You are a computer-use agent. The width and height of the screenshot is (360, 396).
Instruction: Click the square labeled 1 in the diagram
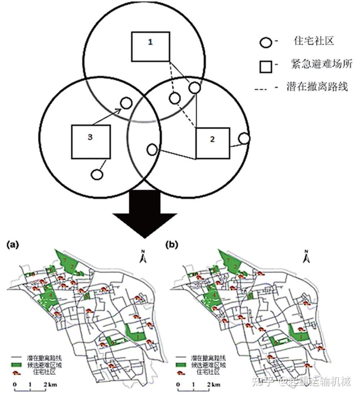(150, 46)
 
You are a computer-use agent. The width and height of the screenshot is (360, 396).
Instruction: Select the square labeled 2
(212, 143)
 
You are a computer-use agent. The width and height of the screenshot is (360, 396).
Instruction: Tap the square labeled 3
(90, 141)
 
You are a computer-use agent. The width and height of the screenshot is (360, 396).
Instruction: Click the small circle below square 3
(97, 174)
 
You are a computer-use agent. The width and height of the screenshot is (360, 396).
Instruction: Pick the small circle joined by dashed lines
(175, 98)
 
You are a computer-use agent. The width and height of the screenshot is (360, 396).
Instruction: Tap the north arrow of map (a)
(143, 256)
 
